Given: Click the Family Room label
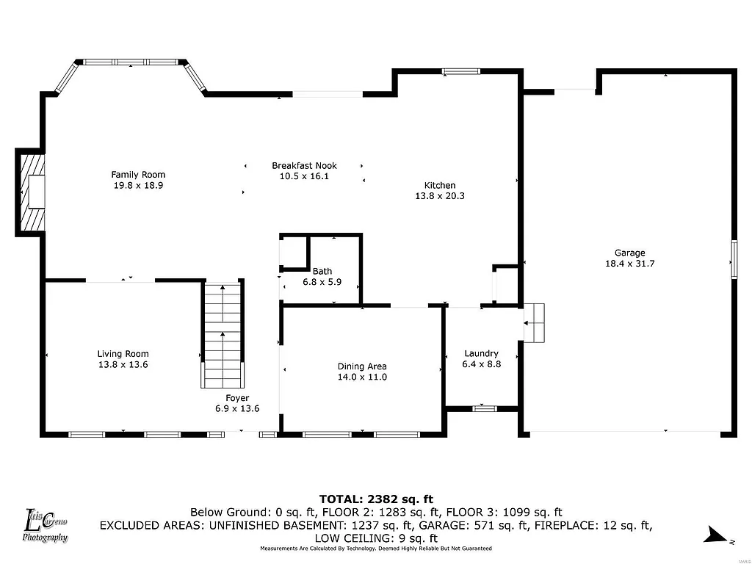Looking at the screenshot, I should [138, 175].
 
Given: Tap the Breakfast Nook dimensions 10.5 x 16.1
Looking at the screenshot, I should [299, 176].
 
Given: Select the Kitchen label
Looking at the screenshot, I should [440, 185].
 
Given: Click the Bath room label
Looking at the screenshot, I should [322, 271].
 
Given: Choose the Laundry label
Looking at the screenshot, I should [481, 353].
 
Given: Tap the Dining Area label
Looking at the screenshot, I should [362, 366].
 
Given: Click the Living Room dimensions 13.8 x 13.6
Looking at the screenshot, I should [123, 364].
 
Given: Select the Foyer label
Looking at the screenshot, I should [236, 398].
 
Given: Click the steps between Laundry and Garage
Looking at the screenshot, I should [535, 322].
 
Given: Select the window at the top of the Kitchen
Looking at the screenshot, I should [461, 71].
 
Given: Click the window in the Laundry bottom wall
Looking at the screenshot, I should [484, 408].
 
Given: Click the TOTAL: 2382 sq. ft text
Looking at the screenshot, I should [375, 499].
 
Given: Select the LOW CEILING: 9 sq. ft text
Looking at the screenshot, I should [375, 538].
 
